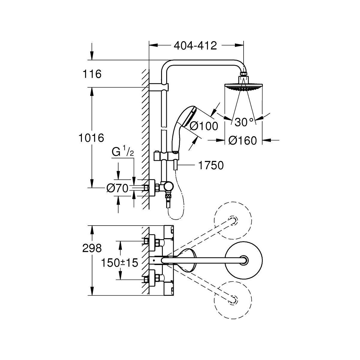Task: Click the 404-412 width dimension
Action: tap(195, 46)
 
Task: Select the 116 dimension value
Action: tap(92, 74)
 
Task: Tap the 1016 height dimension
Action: tap(91, 138)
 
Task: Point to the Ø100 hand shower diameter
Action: tap(204, 126)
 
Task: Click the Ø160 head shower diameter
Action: tap(243, 141)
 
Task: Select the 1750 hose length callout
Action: tap(211, 165)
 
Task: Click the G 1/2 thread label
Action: tap(123, 152)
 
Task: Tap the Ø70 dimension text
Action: tap(118, 188)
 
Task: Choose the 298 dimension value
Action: tap(92, 248)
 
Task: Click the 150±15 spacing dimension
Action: tap(119, 263)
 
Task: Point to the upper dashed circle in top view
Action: tap(233, 220)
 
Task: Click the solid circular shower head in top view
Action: tap(243, 260)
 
